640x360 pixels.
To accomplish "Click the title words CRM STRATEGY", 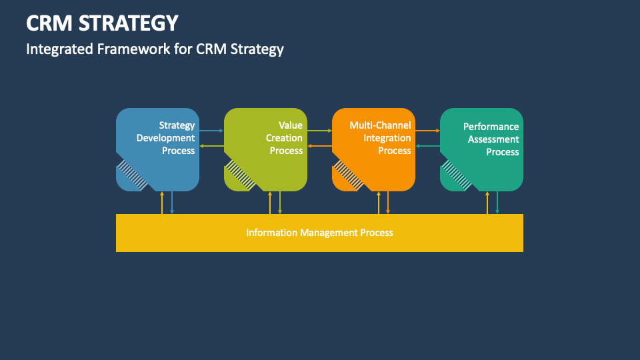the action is click(102, 23).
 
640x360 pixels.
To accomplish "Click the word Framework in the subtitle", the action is click(133, 49).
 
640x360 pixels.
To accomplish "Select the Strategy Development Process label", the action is click(166, 138).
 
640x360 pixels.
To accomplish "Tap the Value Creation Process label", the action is click(285, 138).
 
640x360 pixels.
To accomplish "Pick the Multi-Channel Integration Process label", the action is click(381, 138).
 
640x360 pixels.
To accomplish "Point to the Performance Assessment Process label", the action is click(491, 139).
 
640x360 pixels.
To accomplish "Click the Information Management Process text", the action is click(319, 233).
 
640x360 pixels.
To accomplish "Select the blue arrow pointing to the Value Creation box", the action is click(211, 131).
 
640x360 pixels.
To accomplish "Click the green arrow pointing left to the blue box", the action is click(211, 146).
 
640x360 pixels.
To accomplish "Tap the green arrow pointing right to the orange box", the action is click(319, 131).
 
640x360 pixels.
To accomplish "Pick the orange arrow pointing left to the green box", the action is click(319, 146).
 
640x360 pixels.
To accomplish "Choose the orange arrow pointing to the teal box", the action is click(428, 131).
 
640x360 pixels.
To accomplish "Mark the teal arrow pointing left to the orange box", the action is click(428, 146).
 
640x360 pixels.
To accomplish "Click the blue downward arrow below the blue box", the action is click(172, 203).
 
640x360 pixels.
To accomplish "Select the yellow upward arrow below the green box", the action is click(270, 203).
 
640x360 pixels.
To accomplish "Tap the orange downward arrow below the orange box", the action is click(388, 203).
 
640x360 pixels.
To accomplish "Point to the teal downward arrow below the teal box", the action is click(497, 203).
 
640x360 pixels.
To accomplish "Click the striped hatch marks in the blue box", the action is click(132, 175).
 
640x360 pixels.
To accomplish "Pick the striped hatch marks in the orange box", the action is click(348, 175).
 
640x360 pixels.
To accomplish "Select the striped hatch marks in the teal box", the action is click(456, 175).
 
